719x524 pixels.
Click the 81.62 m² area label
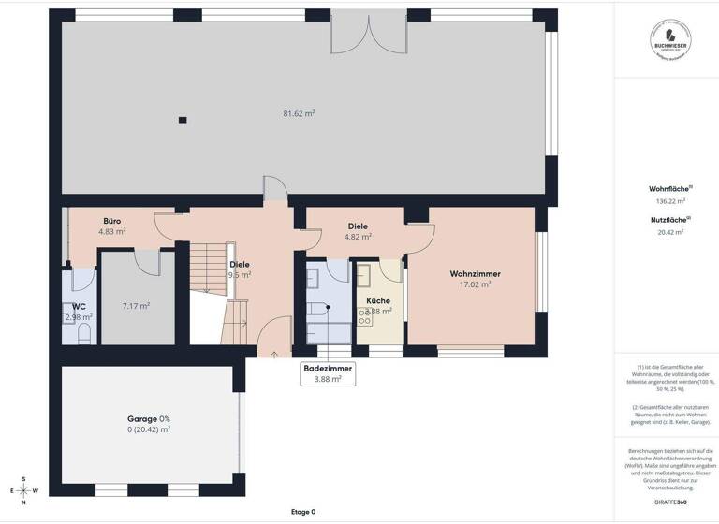[x=299, y=113]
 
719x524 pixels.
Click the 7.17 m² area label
[x=136, y=305]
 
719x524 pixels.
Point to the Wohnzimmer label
[x=475, y=273]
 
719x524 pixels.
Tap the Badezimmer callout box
[x=328, y=373]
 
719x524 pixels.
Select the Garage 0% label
[x=149, y=418]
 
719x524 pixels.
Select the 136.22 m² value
[x=669, y=200]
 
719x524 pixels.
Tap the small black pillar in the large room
[x=183, y=119]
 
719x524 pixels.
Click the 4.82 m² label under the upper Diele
[x=358, y=237]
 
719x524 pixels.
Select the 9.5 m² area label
[x=240, y=275]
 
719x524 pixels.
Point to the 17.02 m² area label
[x=475, y=284]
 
